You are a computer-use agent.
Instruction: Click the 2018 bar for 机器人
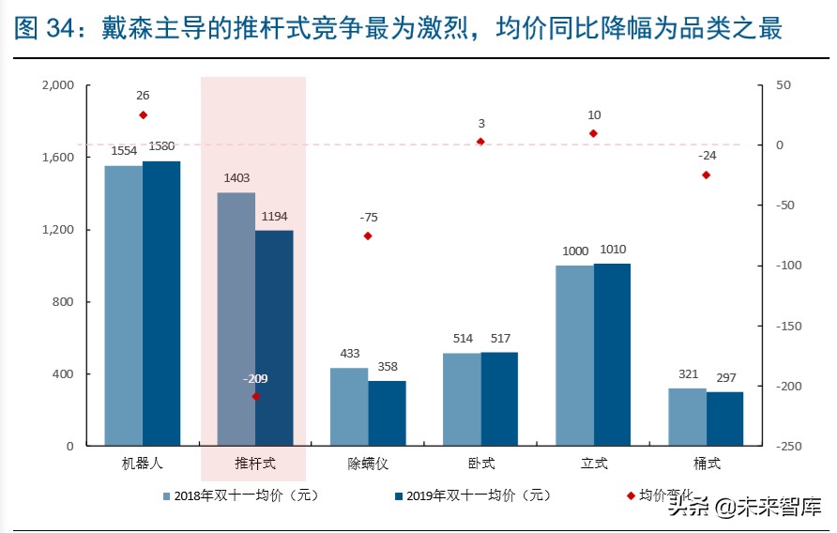click(123, 306)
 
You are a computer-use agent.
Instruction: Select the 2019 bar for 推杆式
click(274, 338)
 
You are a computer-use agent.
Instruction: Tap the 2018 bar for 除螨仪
click(349, 407)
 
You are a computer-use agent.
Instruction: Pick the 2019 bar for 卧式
click(499, 399)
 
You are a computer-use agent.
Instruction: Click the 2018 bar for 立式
click(574, 356)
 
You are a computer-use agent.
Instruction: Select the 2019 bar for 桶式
click(724, 419)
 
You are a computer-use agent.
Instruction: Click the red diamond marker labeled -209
click(256, 397)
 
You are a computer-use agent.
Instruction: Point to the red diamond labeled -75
click(368, 236)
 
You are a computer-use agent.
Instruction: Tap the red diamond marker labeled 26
click(143, 114)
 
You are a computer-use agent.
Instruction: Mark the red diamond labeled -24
click(706, 175)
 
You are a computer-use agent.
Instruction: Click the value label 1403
click(236, 177)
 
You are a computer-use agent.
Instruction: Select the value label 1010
click(612, 250)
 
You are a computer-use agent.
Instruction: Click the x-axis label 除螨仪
click(367, 464)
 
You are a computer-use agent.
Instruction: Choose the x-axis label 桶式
click(706, 464)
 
